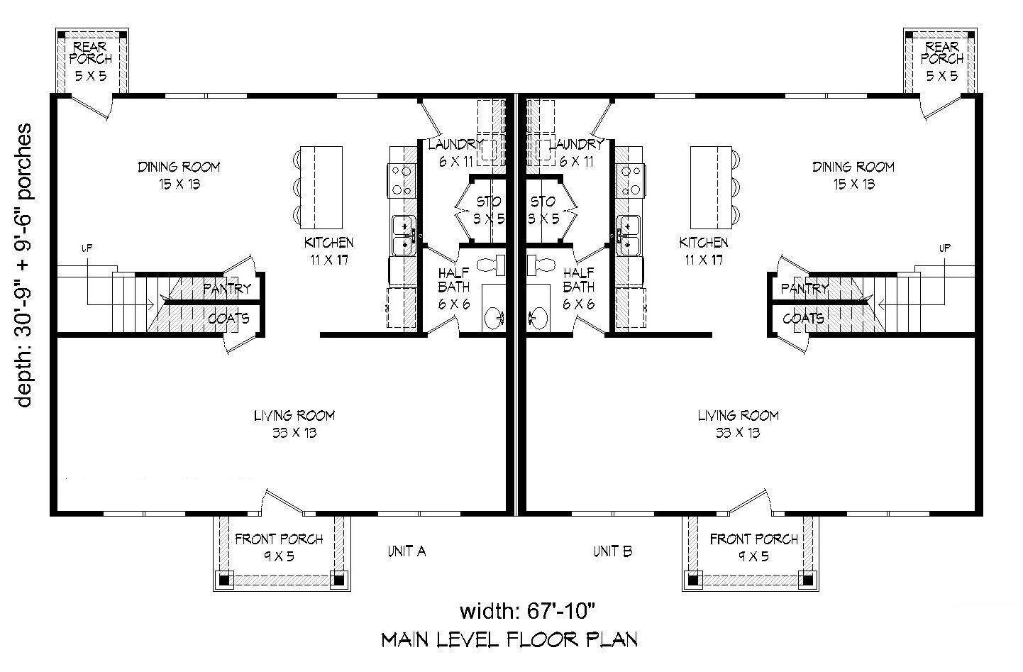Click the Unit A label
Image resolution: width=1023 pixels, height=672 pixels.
(406, 551)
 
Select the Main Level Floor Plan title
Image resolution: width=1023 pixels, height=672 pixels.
(509, 639)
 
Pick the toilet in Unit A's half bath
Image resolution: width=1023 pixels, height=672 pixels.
(491, 265)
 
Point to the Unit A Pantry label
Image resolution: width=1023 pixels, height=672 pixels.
(227, 288)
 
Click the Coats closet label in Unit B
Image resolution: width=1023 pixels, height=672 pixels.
(803, 318)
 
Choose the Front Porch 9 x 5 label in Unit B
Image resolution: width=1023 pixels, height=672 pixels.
(753, 547)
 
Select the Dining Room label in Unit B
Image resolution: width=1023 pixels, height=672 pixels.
(853, 175)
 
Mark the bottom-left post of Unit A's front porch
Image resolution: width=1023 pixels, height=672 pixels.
(225, 580)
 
